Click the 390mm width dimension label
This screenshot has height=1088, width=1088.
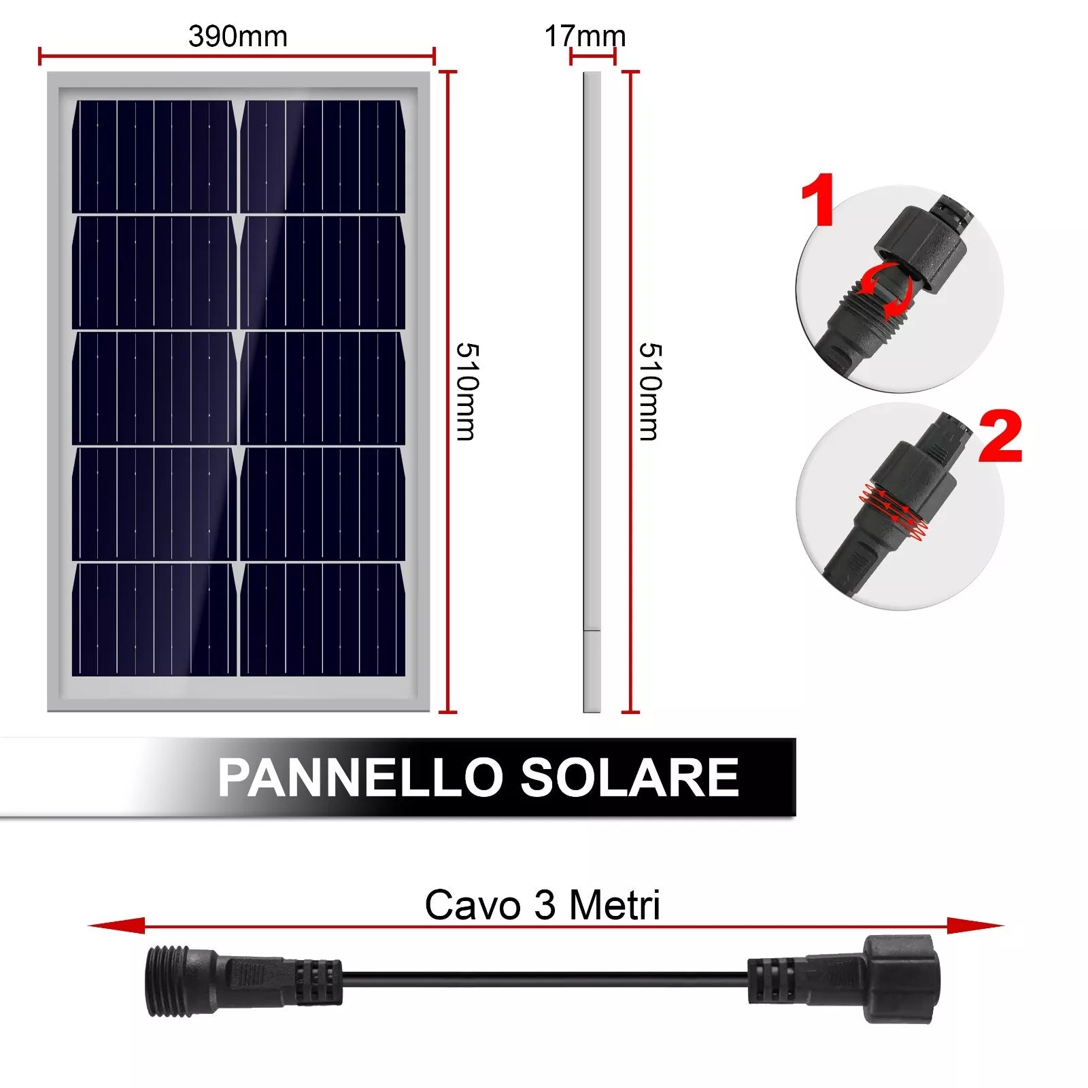[238, 37]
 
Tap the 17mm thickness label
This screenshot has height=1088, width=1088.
[585, 37]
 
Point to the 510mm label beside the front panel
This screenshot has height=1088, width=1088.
[468, 392]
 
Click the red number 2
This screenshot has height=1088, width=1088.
[1000, 437]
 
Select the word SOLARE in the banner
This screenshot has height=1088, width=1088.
[630, 777]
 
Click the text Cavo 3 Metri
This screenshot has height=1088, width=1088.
[543, 905]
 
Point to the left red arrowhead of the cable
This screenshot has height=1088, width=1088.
[116, 925]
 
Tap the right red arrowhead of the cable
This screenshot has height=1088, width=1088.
[975, 925]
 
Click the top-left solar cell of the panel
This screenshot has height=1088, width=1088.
[154, 156]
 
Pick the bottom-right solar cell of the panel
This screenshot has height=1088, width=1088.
[323, 619]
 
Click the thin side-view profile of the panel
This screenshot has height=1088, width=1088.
[592, 392]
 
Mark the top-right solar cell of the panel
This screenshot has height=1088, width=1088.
[323, 156]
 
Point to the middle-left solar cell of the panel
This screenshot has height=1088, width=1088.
[154, 388]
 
